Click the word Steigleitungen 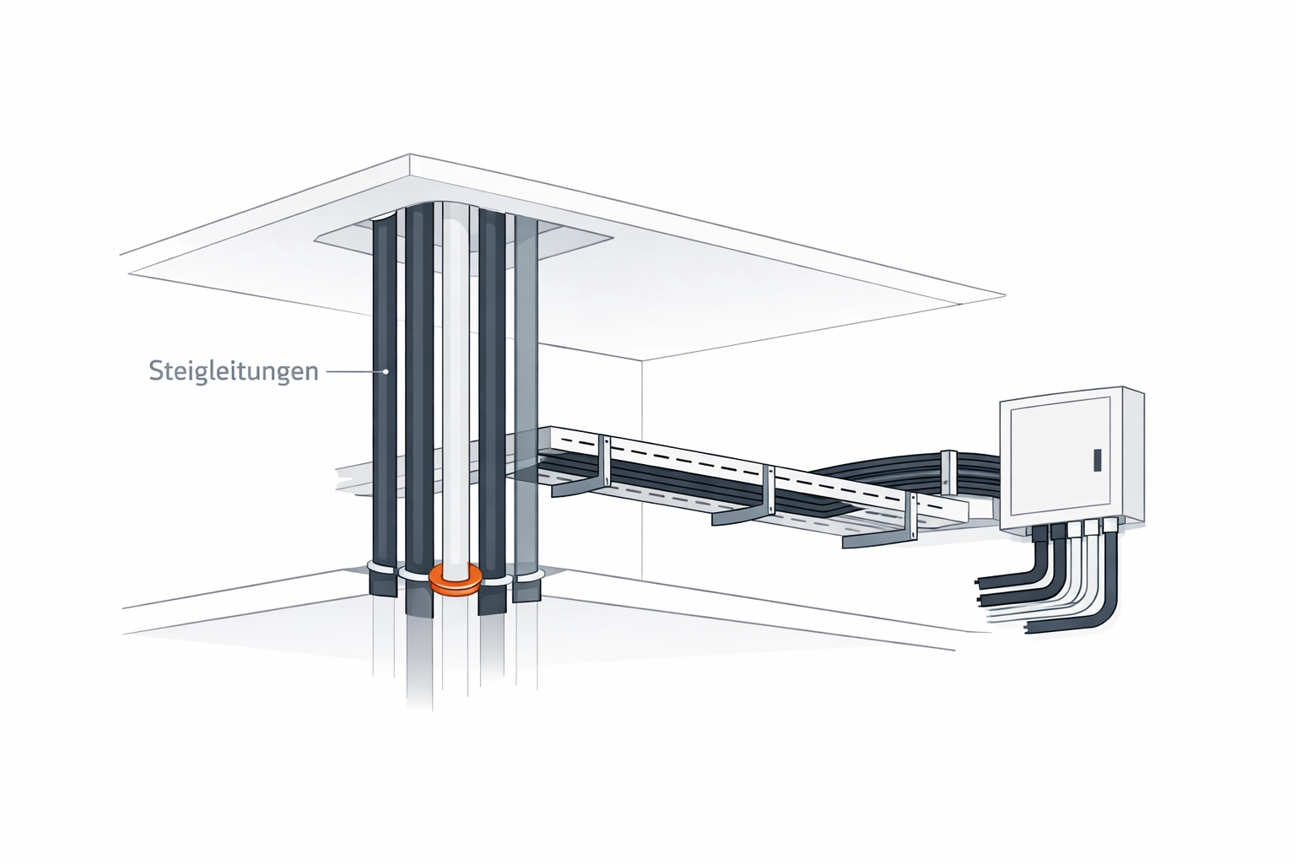pyautogui.click(x=234, y=371)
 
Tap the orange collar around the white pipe pyautogui.click(x=456, y=580)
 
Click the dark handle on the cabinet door pyautogui.click(x=1097, y=459)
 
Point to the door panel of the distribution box pyautogui.click(x=1061, y=456)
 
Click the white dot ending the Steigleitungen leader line pyautogui.click(x=386, y=371)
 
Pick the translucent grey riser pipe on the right pyautogui.click(x=526, y=405)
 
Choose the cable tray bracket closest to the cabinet pyautogui.click(x=879, y=521)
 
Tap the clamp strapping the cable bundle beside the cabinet pyautogui.click(x=948, y=472)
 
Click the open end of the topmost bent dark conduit pyautogui.click(x=978, y=581)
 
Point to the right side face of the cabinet pyautogui.click(x=1134, y=458)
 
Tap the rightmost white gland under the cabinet pyautogui.click(x=1109, y=526)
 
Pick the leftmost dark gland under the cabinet pyautogui.click(x=1039, y=533)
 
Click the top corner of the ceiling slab pyautogui.click(x=409, y=154)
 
